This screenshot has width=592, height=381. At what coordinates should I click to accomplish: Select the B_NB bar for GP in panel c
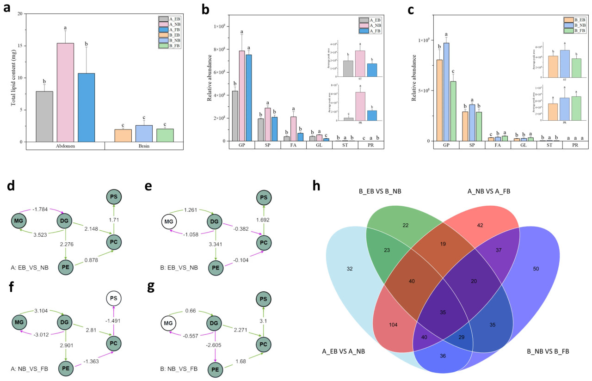click(x=446, y=92)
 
